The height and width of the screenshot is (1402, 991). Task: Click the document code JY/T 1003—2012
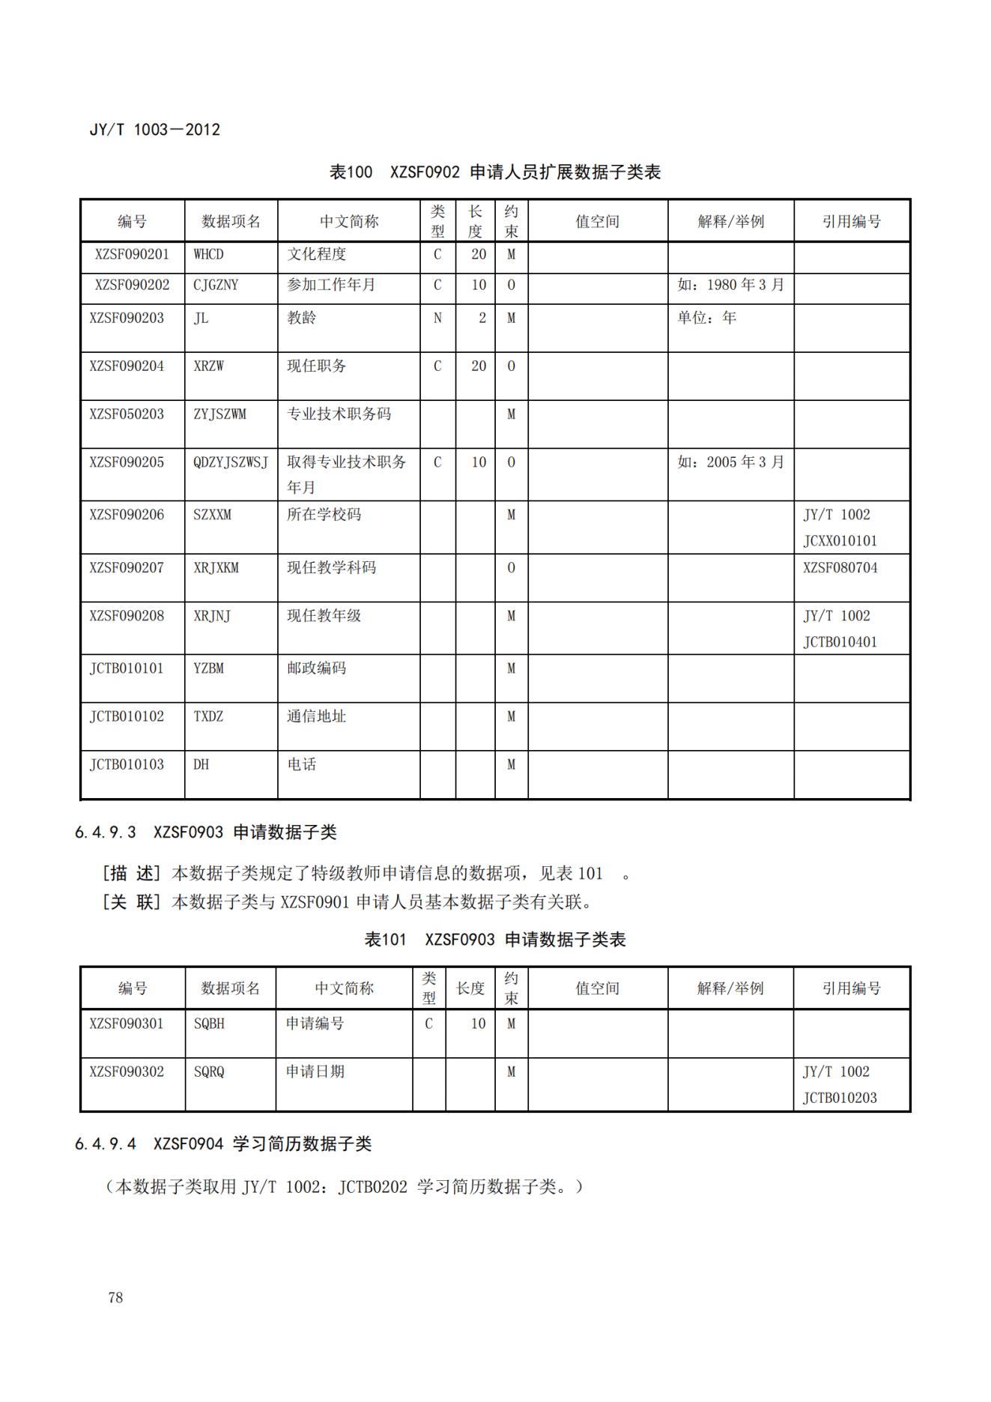[x=155, y=130]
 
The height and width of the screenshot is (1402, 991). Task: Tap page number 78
[x=115, y=1297]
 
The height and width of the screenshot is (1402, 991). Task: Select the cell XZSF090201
[x=132, y=254]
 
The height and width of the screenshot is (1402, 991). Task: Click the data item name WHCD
[x=208, y=254]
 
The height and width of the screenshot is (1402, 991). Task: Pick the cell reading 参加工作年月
[x=331, y=285]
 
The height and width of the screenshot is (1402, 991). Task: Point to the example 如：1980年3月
[x=730, y=285]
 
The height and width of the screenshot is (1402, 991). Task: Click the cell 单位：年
[x=706, y=318]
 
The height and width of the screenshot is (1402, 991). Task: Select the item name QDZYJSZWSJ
[x=230, y=462]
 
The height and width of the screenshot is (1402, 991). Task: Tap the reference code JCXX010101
[x=840, y=541]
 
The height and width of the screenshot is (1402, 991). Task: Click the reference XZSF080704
[x=840, y=568]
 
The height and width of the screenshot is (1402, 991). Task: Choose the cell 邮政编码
[x=316, y=668]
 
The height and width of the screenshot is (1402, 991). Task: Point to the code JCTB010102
[x=127, y=716]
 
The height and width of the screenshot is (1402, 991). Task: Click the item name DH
[x=201, y=764]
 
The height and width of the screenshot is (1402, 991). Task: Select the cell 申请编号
[x=315, y=1024]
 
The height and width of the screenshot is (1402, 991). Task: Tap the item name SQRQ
[x=209, y=1072]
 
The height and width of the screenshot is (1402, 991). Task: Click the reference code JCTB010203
[x=840, y=1099]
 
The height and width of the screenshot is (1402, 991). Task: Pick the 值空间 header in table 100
[x=597, y=222]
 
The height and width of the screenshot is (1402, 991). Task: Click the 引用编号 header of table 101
[x=851, y=988]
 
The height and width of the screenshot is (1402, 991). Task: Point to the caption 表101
[x=384, y=940]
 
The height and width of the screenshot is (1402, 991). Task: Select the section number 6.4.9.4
[x=106, y=1144]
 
